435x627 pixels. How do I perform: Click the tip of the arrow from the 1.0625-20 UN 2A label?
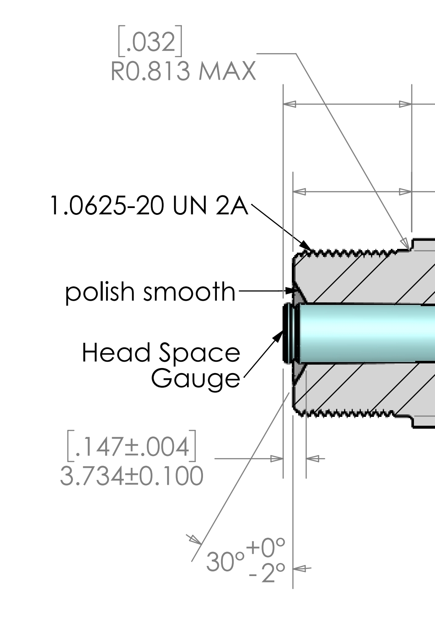tap(311, 250)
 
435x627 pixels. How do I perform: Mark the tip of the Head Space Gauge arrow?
tap(283, 330)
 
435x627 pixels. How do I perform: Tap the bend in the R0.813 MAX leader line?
tap(296, 53)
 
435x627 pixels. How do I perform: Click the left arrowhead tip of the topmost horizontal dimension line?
tap(283, 104)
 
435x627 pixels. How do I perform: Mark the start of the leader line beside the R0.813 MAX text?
tap(257, 53)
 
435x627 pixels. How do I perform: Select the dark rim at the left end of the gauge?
tap(286, 334)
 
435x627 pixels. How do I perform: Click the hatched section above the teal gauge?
tap(364, 280)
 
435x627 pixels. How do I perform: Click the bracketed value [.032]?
tap(150, 41)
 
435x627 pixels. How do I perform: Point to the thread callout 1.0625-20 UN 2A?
tap(149, 206)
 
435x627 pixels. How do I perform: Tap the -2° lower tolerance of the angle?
tap(267, 573)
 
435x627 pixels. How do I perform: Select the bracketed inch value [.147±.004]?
tap(131, 446)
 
